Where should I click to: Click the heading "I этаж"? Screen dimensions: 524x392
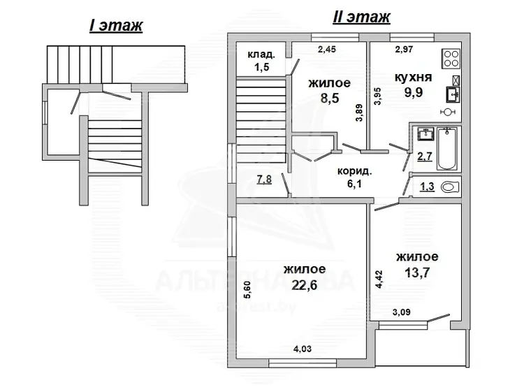coord(116,26)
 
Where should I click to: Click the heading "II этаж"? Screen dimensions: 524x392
coord(362,17)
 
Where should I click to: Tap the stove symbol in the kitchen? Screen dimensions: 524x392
coord(451,59)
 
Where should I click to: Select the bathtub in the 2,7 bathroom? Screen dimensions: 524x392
coord(446,148)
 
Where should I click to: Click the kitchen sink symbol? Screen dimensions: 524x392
coord(453,94)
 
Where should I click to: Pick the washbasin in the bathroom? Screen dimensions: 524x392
coord(425,134)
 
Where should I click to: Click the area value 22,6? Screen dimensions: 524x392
coord(304,285)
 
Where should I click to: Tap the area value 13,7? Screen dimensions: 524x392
coord(417,273)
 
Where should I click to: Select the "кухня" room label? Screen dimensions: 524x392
coord(414,78)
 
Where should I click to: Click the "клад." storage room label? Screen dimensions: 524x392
coord(261,55)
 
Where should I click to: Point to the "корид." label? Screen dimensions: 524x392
coord(354,171)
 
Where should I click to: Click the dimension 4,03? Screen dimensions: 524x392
coord(303,349)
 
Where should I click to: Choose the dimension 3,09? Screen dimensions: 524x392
coord(401,312)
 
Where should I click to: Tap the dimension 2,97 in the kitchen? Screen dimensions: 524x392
coord(404,50)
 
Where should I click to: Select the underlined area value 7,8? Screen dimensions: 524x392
coord(264,180)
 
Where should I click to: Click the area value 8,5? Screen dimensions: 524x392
coord(330,99)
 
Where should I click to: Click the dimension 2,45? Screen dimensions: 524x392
coord(327,50)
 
